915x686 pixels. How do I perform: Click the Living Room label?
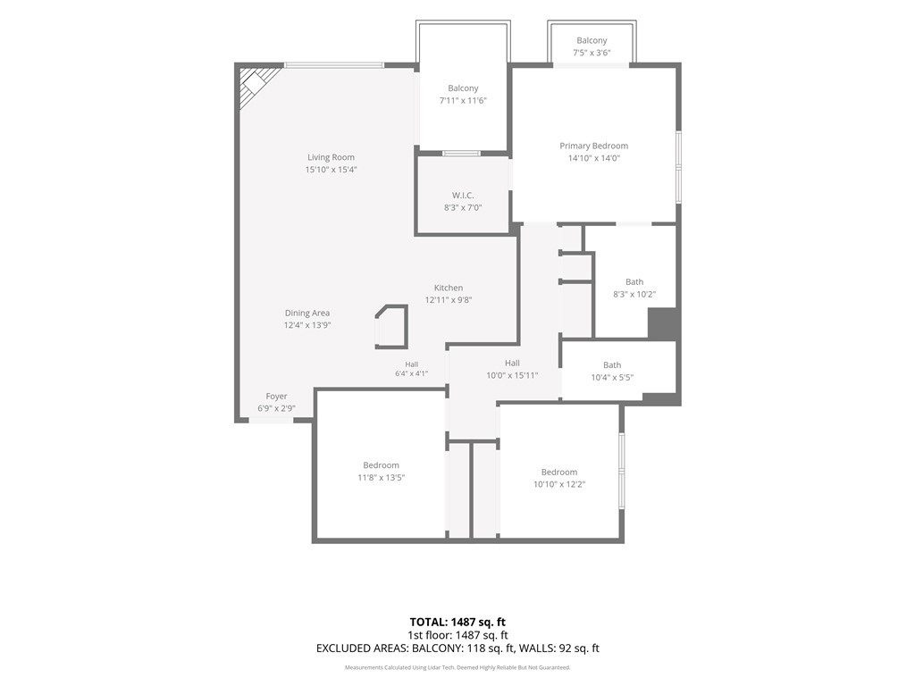coord(331,157)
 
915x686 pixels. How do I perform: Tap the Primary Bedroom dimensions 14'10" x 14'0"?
coord(594,158)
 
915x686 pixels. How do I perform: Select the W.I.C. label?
coord(463,196)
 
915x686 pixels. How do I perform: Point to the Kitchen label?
coord(449,288)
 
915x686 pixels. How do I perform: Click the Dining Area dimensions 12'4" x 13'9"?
coord(307,325)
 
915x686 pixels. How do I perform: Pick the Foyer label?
coord(277,396)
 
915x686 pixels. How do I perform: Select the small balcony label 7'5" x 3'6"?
coord(592,53)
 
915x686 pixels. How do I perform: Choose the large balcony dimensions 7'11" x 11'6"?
coord(463,100)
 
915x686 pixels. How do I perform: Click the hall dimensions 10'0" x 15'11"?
coord(512,376)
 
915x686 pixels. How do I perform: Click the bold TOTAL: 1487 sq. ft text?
coord(457,622)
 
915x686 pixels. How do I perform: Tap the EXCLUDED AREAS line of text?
coord(457,648)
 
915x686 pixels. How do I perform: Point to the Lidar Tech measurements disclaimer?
coord(457,667)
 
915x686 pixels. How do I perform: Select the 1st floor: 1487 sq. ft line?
coord(457,635)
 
